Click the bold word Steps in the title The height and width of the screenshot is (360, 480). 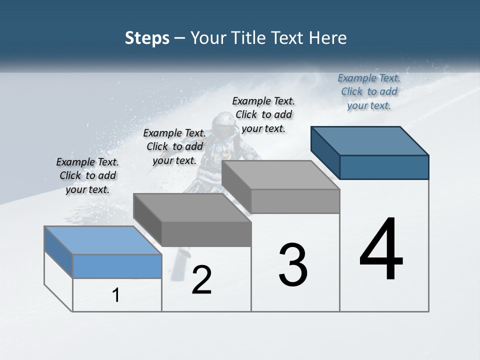coord(147,38)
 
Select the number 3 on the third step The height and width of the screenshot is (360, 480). coord(293,265)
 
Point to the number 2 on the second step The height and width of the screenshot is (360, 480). coord(201,280)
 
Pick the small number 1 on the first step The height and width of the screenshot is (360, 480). coord(116,295)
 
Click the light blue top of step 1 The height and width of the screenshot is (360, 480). coord(103,240)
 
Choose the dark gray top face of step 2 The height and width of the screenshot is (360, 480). coord(192,208)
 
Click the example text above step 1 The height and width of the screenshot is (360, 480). coord(87,175)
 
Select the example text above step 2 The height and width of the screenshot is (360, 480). coord(174,146)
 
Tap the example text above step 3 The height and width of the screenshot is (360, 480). coord(263,114)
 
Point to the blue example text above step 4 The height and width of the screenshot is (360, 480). coord(369,91)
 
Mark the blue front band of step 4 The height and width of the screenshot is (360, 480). coord(384,167)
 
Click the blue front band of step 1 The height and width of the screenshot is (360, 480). coord(117,266)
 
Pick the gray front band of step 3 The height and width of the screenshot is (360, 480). coord(295,201)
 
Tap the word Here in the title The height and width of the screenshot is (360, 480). coord(328,38)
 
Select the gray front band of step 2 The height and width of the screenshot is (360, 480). coord(206,234)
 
